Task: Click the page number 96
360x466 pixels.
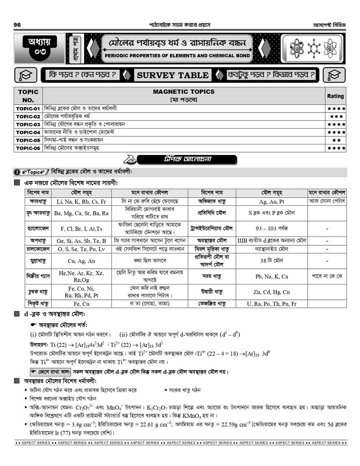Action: [x=18, y=24]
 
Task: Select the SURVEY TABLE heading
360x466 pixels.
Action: [x=173, y=75]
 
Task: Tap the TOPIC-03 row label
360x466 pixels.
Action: [x=28, y=124]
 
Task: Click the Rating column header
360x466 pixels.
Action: [x=335, y=96]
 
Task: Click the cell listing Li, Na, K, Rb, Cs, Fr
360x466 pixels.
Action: [x=81, y=202]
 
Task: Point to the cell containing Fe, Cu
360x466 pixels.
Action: [x=81, y=304]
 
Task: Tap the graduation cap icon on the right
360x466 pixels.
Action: [x=334, y=75]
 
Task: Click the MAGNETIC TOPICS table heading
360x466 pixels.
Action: [x=184, y=92]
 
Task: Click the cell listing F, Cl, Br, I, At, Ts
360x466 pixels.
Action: [x=81, y=229]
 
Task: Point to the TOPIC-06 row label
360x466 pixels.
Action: [x=28, y=148]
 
